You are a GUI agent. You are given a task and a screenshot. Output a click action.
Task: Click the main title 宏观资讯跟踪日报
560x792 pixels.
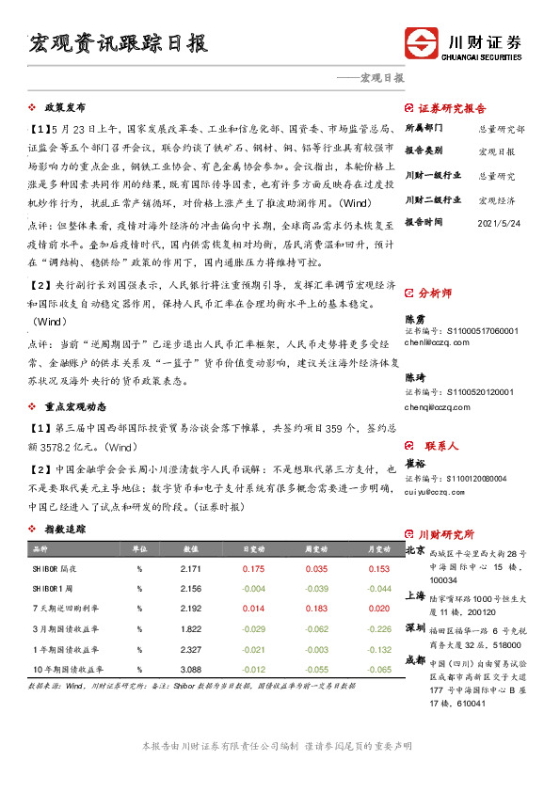(x=119, y=43)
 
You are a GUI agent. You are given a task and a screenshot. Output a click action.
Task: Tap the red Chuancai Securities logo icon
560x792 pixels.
(x=421, y=45)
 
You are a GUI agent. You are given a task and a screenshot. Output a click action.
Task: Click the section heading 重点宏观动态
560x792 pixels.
(x=78, y=408)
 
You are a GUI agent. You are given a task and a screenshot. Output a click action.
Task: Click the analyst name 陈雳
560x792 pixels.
(x=413, y=320)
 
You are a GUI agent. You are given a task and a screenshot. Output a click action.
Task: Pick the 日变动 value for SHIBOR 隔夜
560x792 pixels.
(x=253, y=569)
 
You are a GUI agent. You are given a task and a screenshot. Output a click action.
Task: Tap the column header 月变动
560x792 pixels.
(x=378, y=548)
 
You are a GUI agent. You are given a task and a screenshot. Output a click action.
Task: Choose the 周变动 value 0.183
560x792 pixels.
(x=317, y=609)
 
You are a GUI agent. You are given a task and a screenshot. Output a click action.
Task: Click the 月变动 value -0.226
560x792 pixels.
(x=378, y=629)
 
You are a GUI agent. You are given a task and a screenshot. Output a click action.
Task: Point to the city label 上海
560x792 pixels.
(x=414, y=595)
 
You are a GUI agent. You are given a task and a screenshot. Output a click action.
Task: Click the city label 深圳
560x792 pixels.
(x=414, y=627)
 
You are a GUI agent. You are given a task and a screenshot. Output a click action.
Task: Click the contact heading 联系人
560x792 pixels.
(x=440, y=446)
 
